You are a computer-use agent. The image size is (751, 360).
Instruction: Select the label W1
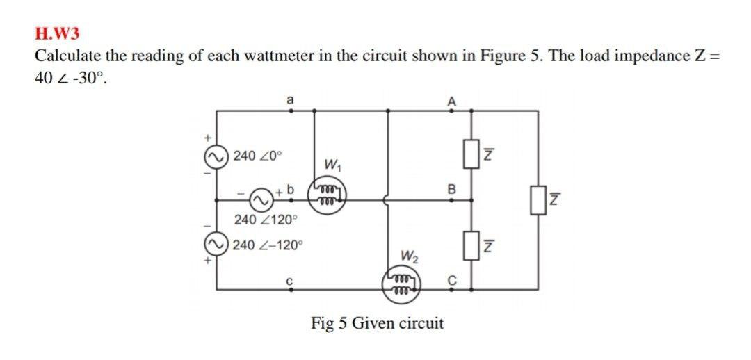[x=332, y=165]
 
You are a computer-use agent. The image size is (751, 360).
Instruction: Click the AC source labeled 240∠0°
[x=216, y=155]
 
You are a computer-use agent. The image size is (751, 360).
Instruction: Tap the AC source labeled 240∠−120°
[x=216, y=245]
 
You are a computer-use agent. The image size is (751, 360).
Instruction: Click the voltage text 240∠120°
[x=265, y=220]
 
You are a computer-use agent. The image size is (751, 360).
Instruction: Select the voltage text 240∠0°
[x=258, y=155]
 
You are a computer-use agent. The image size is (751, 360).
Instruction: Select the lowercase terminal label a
[x=290, y=100]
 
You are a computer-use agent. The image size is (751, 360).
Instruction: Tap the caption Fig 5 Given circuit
[x=377, y=323]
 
